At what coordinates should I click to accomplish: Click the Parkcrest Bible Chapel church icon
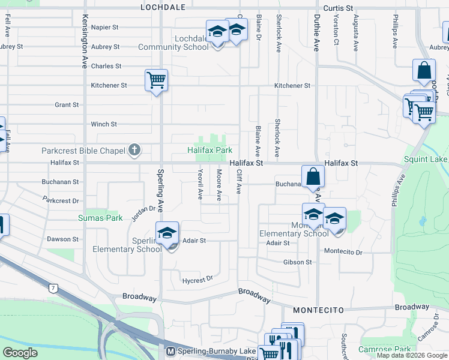134,150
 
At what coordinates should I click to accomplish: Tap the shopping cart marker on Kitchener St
156,80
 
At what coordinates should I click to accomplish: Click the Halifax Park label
209,150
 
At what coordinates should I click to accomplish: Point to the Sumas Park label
100,218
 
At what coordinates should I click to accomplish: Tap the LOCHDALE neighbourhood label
160,8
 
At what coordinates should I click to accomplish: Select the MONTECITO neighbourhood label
318,310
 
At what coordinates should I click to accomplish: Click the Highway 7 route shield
53,289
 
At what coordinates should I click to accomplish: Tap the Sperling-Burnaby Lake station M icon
170,351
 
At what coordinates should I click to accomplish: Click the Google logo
20,353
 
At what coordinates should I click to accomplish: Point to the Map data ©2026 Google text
412,355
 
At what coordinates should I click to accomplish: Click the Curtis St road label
338,8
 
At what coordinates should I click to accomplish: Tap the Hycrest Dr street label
197,279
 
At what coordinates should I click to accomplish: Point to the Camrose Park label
384,349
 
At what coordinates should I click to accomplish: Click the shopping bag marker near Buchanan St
313,176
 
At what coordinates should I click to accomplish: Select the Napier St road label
106,28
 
